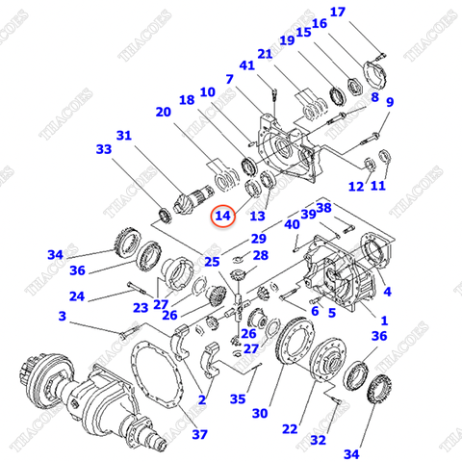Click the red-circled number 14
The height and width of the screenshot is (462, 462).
click(x=223, y=216)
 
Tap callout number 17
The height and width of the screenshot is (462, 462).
click(x=338, y=13)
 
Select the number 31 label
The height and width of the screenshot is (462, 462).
click(x=124, y=136)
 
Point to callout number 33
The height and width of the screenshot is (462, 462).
click(x=104, y=149)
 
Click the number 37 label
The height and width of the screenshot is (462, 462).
click(x=199, y=435)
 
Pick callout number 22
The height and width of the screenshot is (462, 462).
click(x=290, y=429)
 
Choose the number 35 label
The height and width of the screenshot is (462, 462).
click(x=238, y=399)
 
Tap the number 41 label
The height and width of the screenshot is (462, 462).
click(x=246, y=65)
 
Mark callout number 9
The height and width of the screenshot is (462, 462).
click(x=390, y=102)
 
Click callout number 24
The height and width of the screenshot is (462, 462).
click(x=77, y=296)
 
